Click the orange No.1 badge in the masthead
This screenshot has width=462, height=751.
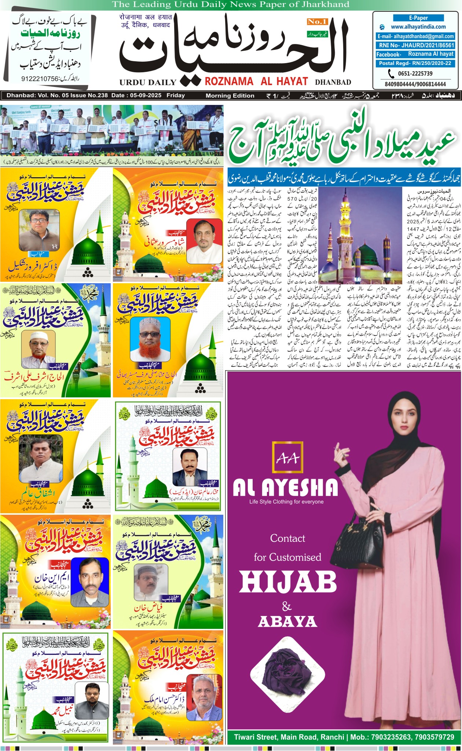(x=317, y=22)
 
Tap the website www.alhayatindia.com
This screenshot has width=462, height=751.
(x=418, y=27)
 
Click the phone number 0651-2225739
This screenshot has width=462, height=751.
(x=415, y=73)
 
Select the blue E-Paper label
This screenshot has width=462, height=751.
(x=418, y=18)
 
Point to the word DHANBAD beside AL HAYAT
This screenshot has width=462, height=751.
(x=333, y=82)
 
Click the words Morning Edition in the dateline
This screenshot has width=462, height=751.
(x=230, y=96)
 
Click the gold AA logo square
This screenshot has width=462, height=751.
(x=287, y=457)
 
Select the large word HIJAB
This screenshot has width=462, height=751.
(x=288, y=582)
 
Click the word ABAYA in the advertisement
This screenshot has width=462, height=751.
(x=287, y=621)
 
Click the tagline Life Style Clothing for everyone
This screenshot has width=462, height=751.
(x=286, y=502)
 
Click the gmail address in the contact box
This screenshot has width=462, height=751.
(x=416, y=36)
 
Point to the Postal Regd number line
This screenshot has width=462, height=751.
(x=415, y=63)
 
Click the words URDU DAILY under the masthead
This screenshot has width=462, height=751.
(x=148, y=82)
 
